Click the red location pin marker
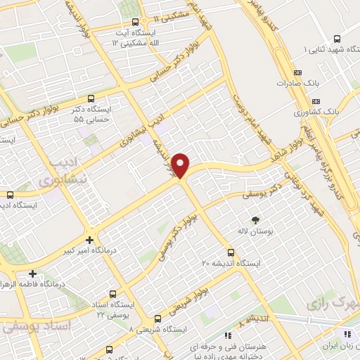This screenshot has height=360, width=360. pos(181,165)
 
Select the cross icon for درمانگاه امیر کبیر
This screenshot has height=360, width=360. pos(89,239)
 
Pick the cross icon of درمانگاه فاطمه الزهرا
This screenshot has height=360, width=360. pos(32,274)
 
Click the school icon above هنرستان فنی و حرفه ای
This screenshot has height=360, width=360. pos(227,336)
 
